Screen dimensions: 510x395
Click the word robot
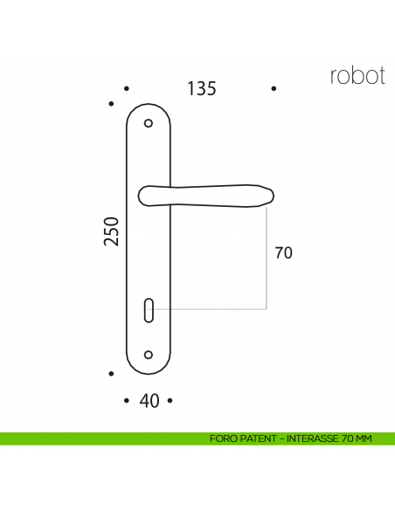tap(357, 75)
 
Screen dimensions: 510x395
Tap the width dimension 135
tap(201, 89)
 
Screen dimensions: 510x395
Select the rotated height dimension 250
tap(111, 231)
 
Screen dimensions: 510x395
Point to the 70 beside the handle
tap(283, 254)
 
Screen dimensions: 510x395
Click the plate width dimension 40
tap(149, 401)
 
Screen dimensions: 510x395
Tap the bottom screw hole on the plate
tap(148, 355)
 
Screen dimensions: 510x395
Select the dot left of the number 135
tap(127, 89)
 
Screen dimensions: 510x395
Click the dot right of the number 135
tap(274, 89)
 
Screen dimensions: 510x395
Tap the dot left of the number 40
tap(127, 401)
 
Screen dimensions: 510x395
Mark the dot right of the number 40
tap(170, 401)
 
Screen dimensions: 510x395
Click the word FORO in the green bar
tap(222, 438)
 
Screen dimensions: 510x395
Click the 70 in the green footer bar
tap(346, 438)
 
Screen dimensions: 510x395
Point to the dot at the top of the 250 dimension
tap(111, 104)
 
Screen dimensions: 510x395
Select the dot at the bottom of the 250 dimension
tap(111, 374)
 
